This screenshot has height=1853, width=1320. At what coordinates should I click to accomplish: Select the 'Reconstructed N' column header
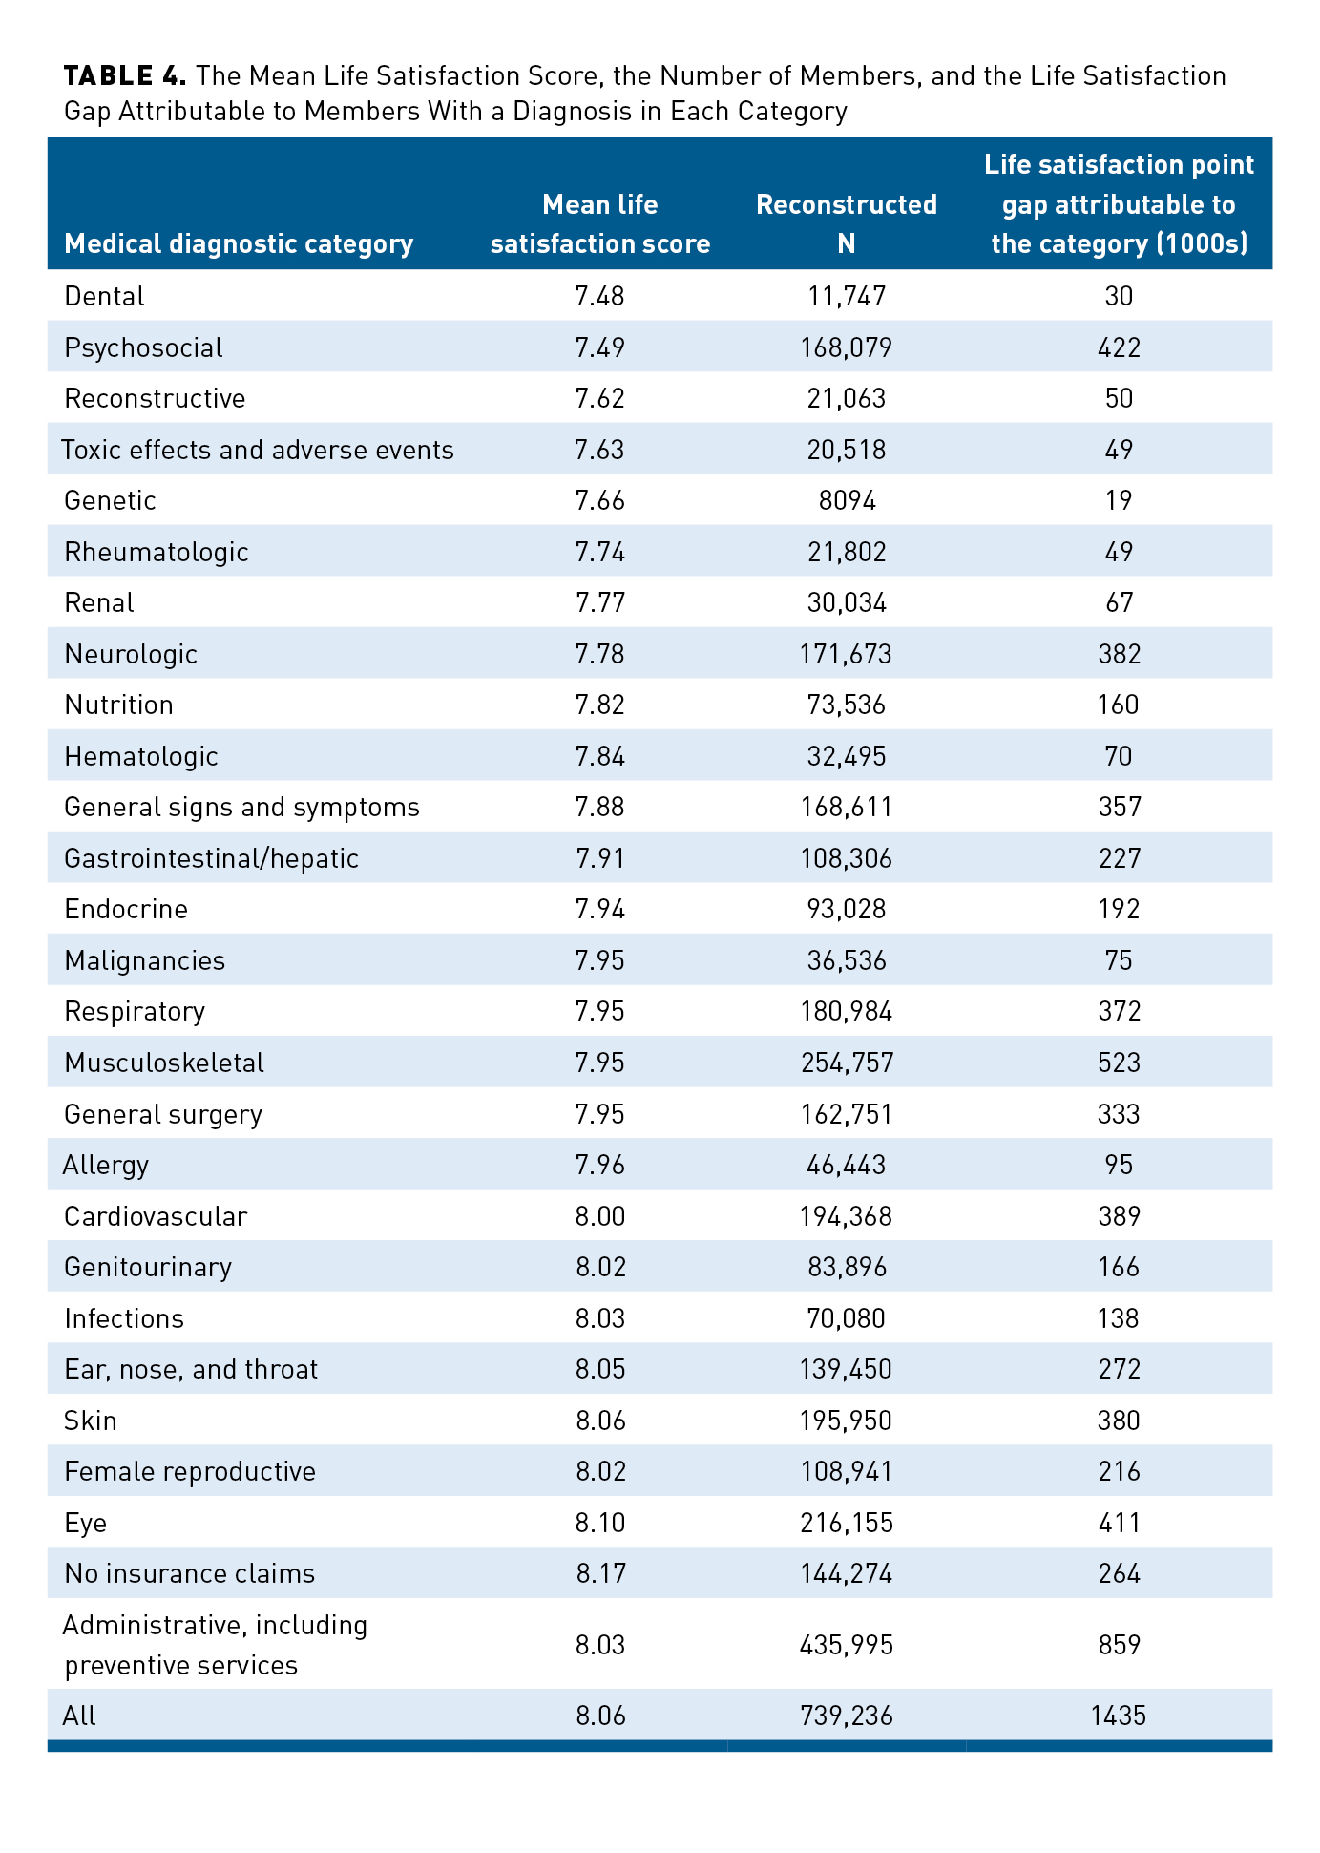tap(846, 223)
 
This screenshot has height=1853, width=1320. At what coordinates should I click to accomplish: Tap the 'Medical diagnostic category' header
tap(239, 243)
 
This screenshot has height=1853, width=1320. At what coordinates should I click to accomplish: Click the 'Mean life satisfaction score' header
tap(599, 223)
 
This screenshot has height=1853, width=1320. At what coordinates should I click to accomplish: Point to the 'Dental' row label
tap(104, 296)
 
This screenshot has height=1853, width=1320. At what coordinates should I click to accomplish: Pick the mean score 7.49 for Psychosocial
tap(599, 347)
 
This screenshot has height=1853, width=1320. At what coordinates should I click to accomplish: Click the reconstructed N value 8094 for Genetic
tap(847, 500)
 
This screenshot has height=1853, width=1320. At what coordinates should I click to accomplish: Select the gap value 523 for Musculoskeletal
tap(1119, 1063)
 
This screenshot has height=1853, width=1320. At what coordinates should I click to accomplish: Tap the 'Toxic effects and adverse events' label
tap(258, 450)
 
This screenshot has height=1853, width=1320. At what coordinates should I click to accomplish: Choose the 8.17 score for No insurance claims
tap(600, 1573)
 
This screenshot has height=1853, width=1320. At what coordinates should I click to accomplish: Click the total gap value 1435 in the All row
tap(1118, 1716)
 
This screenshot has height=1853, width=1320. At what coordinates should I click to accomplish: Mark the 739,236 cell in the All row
tap(847, 1716)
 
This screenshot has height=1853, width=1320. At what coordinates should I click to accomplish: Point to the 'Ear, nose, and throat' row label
tap(191, 1369)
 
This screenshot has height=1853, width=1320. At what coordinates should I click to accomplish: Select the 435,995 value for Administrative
tap(847, 1645)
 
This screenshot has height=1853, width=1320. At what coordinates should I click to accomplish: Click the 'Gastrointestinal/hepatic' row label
tap(211, 858)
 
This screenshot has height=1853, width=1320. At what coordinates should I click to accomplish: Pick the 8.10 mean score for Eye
tap(600, 1523)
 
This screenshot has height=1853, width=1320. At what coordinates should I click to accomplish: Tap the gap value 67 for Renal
tap(1119, 602)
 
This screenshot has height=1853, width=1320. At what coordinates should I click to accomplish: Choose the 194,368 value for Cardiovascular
tap(847, 1216)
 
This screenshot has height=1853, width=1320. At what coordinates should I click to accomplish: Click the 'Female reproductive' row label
tap(190, 1471)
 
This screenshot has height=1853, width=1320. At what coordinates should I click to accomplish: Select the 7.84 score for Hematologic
tap(599, 756)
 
